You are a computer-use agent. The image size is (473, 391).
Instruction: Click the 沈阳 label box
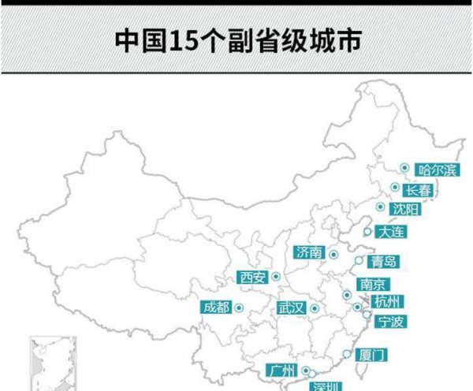[406, 210]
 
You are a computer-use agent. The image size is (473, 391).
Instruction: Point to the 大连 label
[391, 232]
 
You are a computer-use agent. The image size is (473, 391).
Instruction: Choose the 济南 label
[308, 252]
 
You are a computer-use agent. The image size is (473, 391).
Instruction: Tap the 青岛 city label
[385, 262]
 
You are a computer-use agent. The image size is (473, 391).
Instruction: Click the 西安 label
[253, 277]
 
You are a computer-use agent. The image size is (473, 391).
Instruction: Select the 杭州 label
[388, 302]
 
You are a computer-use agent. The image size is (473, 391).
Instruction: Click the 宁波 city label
[391, 321]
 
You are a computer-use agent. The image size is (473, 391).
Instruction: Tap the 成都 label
[216, 307]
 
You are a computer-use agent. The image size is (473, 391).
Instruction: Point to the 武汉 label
[290, 307]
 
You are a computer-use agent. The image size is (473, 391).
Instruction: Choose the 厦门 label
[371, 356]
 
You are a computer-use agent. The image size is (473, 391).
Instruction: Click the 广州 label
[281, 371]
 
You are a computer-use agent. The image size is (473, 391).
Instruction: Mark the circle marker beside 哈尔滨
[404, 168]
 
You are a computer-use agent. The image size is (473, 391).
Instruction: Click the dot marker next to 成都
[237, 307]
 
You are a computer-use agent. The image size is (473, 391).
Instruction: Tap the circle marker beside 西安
[276, 277]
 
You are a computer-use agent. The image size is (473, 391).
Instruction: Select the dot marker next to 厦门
[345, 354]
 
